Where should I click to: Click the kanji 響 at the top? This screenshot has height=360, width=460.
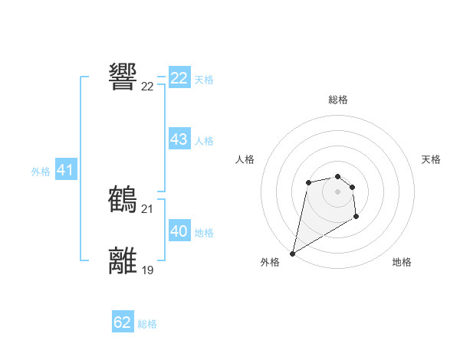pos(123,77)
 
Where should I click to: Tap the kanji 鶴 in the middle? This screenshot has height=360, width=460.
pos(123,199)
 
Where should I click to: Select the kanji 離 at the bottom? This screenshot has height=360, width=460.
pos(123,260)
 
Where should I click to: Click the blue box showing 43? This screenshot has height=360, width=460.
pos(179,139)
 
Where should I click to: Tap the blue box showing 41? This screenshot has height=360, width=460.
pos(65,170)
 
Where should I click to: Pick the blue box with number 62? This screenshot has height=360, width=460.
pos(123,322)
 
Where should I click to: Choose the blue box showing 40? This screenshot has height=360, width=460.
pos(179,231)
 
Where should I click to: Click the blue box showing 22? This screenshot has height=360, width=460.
pos(179,78)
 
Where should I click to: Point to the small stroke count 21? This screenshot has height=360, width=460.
pos(147,209)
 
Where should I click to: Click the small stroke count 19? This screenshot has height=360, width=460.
pos(147,270)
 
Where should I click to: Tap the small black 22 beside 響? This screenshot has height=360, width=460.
pos(147,87)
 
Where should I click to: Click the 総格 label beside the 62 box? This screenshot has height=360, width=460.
pos(147,324)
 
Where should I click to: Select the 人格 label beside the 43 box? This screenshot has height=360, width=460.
pos(204,141)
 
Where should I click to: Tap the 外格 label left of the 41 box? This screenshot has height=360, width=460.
pos(41,172)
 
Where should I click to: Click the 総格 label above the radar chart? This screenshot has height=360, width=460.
pos(337,100)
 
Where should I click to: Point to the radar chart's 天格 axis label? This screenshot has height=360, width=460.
pos(431,159)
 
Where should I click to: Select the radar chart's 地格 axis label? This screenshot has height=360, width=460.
pos(402,262)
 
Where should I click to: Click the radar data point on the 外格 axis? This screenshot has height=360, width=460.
pos(292,254)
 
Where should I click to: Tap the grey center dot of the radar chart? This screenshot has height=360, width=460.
pos(337,191)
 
